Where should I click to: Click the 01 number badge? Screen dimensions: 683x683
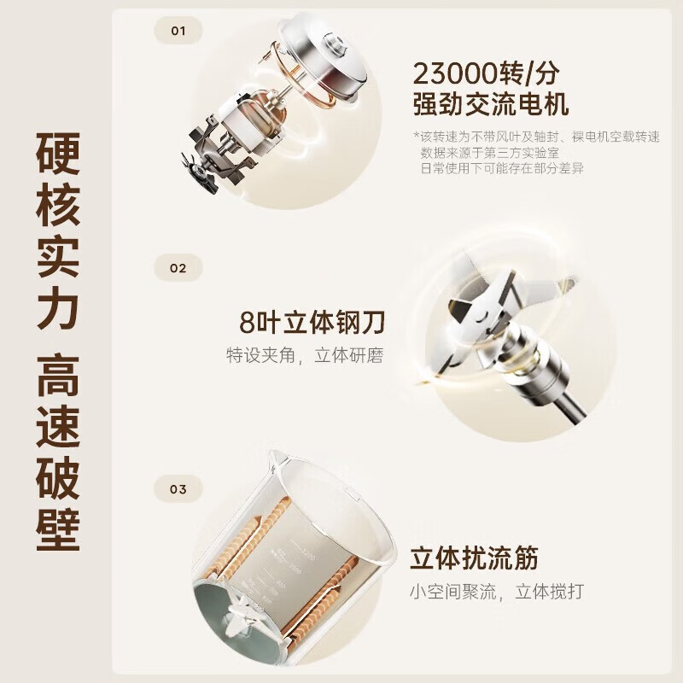coord(178,32)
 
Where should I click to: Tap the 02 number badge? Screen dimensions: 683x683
coord(178,268)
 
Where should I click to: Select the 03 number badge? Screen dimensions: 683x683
coord(178,490)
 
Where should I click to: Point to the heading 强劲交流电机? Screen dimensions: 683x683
coord(490,106)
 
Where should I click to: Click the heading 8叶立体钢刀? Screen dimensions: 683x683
coord(312,324)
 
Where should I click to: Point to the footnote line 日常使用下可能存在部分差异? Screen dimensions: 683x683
coord(508,168)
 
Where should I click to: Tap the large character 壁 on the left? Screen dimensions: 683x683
coord(57,522)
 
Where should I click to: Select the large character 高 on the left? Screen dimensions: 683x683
coord(57,379)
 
